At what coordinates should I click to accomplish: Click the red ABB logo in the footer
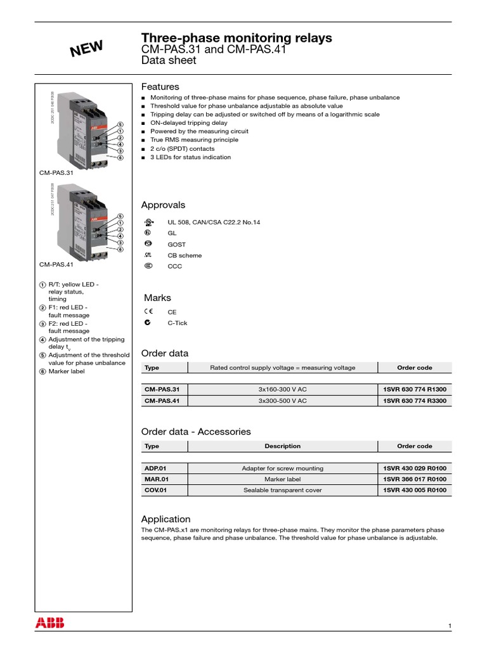50,622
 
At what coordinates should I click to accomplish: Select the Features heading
160,86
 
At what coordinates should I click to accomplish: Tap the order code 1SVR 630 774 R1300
415,389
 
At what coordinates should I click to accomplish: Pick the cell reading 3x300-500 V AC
282,401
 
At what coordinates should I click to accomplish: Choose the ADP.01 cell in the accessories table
155,468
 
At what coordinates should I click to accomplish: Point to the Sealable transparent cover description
282,490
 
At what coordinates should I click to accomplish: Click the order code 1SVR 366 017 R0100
415,479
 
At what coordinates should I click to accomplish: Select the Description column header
282,446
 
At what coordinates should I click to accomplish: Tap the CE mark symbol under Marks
148,312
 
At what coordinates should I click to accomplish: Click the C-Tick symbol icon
148,323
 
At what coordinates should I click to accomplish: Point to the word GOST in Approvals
177,244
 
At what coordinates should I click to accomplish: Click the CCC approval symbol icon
148,266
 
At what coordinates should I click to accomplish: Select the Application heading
166,518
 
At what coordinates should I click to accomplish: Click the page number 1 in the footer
450,626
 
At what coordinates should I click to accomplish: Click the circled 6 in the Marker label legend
42,371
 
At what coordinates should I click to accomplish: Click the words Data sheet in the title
169,61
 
